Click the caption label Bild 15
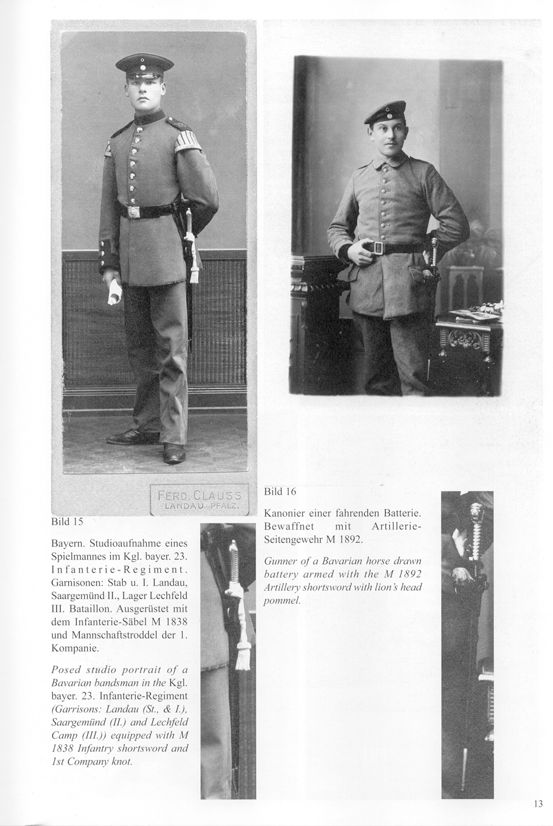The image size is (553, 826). pos(67,521)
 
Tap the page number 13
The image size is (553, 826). pos(539,804)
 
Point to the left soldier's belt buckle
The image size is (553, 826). pos(133,212)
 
